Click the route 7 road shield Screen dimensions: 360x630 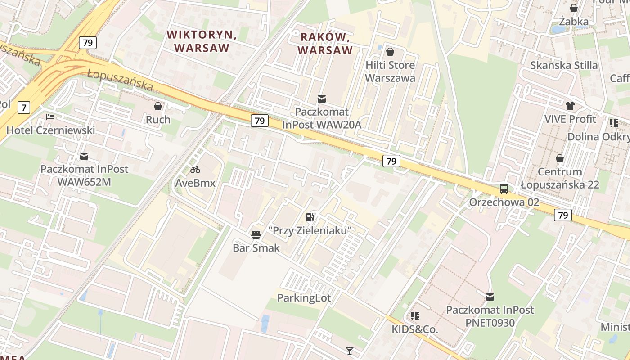click(24, 108)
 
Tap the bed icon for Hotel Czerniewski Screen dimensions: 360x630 click(50, 117)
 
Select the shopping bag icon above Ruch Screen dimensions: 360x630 click(158, 106)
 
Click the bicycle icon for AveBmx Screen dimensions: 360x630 click(195, 170)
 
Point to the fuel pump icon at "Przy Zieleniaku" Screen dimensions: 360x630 click(310, 217)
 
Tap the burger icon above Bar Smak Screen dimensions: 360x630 click(256, 234)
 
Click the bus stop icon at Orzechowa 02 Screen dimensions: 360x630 click(504, 189)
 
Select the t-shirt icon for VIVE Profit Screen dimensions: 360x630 click(570, 106)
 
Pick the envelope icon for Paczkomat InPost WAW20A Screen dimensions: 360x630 click(322, 99)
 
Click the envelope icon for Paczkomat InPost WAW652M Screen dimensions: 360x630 click(84, 156)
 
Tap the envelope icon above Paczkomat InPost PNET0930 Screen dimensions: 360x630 click(490, 297)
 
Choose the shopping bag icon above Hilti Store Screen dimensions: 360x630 click(390, 52)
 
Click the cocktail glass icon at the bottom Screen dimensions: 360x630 click(349, 351)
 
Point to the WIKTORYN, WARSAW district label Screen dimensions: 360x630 click(202, 41)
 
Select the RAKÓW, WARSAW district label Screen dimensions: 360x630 click(325, 43)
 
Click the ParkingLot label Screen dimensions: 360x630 click(304, 298)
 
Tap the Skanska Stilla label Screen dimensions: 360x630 click(564, 65)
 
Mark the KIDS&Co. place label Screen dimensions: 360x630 click(414, 329)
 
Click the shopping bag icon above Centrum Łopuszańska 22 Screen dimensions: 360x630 click(560, 158)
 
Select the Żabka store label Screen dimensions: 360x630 click(574, 21)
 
